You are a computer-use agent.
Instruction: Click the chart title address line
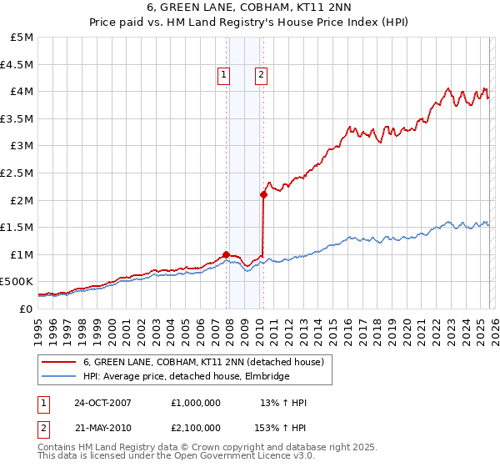click(x=250, y=9)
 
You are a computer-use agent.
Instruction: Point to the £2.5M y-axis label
click(x=17, y=173)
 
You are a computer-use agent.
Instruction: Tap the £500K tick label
click(x=17, y=281)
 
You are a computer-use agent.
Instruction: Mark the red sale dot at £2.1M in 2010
click(x=263, y=194)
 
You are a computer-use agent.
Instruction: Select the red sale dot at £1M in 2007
click(x=226, y=254)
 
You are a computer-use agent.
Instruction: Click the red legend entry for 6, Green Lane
click(x=208, y=362)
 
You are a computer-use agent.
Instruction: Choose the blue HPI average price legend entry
click(x=186, y=377)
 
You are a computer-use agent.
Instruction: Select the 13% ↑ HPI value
click(x=283, y=403)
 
